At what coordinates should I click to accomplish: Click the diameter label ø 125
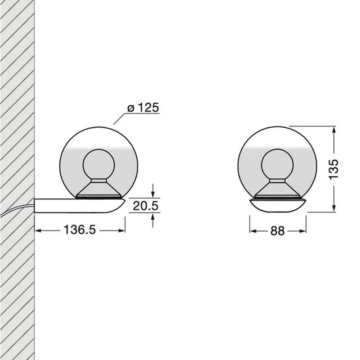click(x=143, y=108)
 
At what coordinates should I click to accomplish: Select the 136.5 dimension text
click(x=80, y=230)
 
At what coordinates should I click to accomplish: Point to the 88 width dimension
click(x=278, y=231)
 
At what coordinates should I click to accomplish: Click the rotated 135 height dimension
click(x=333, y=169)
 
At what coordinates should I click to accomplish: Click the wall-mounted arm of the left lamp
click(x=76, y=205)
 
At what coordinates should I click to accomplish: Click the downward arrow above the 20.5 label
click(x=153, y=193)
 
